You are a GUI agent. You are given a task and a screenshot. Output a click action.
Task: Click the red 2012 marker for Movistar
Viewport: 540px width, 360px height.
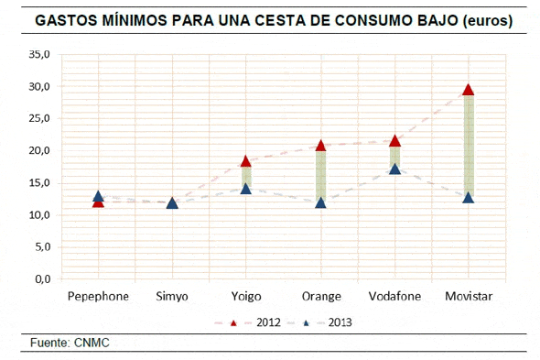tap(468, 90)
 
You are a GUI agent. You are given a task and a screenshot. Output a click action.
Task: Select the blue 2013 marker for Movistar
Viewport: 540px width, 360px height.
tap(468, 197)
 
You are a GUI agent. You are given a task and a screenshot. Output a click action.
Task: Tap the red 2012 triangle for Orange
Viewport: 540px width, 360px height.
tap(320, 146)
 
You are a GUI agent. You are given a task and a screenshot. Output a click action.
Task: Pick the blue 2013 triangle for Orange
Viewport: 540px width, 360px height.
tap(320, 202)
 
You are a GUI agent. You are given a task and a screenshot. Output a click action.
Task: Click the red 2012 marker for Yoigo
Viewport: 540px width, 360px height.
tap(245, 161)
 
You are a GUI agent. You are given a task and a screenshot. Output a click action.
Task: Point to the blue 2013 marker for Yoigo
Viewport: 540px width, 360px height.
tap(245, 189)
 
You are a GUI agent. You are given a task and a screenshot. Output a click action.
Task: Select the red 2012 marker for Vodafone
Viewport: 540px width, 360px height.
tap(394, 141)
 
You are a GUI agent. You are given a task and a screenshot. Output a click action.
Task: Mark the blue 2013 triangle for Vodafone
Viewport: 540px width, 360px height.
tap(394, 169)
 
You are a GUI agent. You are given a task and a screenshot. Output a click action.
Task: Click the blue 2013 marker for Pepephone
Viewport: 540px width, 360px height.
tap(98, 196)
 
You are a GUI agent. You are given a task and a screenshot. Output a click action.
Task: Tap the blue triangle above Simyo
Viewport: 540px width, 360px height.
tap(172, 202)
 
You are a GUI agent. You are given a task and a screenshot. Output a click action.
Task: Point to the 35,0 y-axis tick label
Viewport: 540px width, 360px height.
tap(38, 55)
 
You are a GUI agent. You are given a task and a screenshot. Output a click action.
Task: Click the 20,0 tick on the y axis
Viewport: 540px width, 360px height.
tap(38, 151)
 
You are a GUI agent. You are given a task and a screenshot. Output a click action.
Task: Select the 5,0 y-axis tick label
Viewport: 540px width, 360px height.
tap(41, 247)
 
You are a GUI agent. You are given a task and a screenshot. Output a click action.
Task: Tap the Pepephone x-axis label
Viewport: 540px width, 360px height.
tap(98, 297)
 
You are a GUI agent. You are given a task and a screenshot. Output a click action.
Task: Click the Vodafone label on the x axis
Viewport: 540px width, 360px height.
tap(394, 297)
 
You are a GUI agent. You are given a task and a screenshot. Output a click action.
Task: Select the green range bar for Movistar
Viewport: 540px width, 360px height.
tap(468, 144)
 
